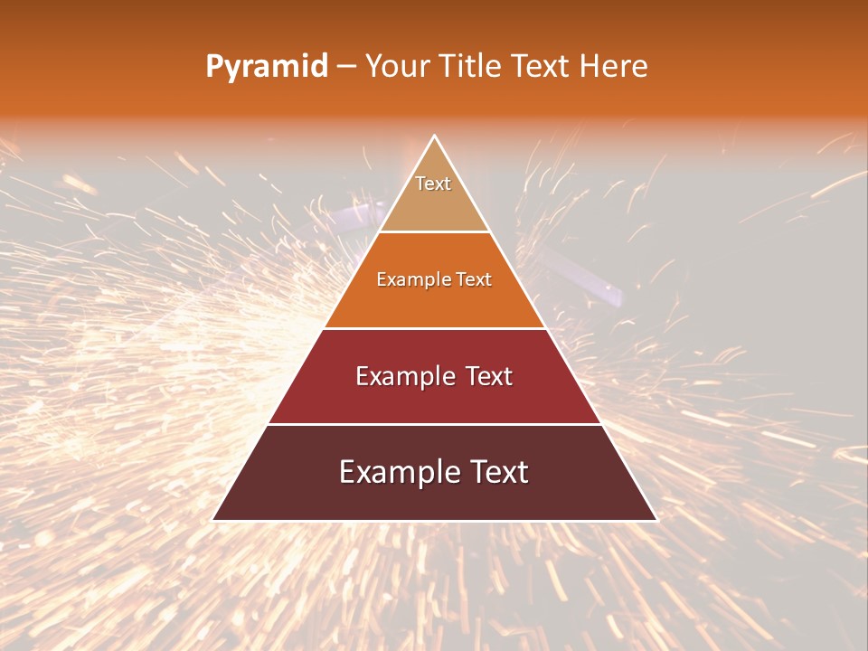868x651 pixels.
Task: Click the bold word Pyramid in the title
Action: [x=267, y=67]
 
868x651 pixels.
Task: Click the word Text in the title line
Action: [x=542, y=66]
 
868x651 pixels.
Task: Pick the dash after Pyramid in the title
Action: [x=346, y=67]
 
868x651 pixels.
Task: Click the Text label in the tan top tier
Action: [x=433, y=184]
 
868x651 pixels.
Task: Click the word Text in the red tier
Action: [x=488, y=376]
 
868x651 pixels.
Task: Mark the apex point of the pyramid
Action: [x=435, y=137]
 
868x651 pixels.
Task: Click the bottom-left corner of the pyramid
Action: [x=212, y=520]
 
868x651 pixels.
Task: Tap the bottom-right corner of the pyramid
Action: [x=657, y=520]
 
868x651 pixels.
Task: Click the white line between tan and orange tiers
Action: [x=435, y=232]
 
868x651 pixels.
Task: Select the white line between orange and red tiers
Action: [x=435, y=328]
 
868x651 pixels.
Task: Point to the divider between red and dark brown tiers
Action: [x=435, y=424]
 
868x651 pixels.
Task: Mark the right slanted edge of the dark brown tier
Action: [x=629, y=472]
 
